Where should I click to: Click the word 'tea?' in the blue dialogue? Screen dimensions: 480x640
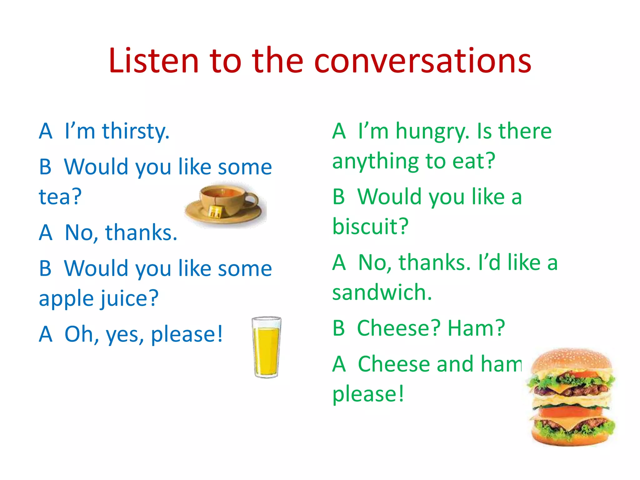pyautogui.click(x=60, y=197)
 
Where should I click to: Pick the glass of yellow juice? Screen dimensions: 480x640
pyautogui.click(x=266, y=347)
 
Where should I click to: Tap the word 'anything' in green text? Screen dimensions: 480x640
pyautogui.click(x=375, y=161)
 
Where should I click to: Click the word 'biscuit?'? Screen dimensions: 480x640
pyautogui.click(x=370, y=226)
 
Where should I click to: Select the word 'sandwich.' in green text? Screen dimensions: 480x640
pyautogui.click(x=382, y=292)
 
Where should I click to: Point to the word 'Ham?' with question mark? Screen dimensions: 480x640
pyautogui.click(x=476, y=328)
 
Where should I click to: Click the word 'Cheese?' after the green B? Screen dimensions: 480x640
pyautogui.click(x=399, y=328)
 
